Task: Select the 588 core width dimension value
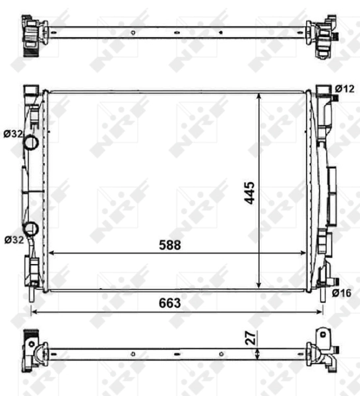pyautogui.click(x=169, y=244)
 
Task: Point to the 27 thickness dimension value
pyautogui.click(x=251, y=337)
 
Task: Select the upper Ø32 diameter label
pyautogui.click(x=13, y=133)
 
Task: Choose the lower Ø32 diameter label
pyautogui.click(x=13, y=239)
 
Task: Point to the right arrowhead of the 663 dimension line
pyautogui.click(x=320, y=311)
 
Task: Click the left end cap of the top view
pyautogui.click(x=33, y=31)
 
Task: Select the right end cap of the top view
pyautogui.click(x=322, y=36)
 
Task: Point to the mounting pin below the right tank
pyautogui.click(x=322, y=295)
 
